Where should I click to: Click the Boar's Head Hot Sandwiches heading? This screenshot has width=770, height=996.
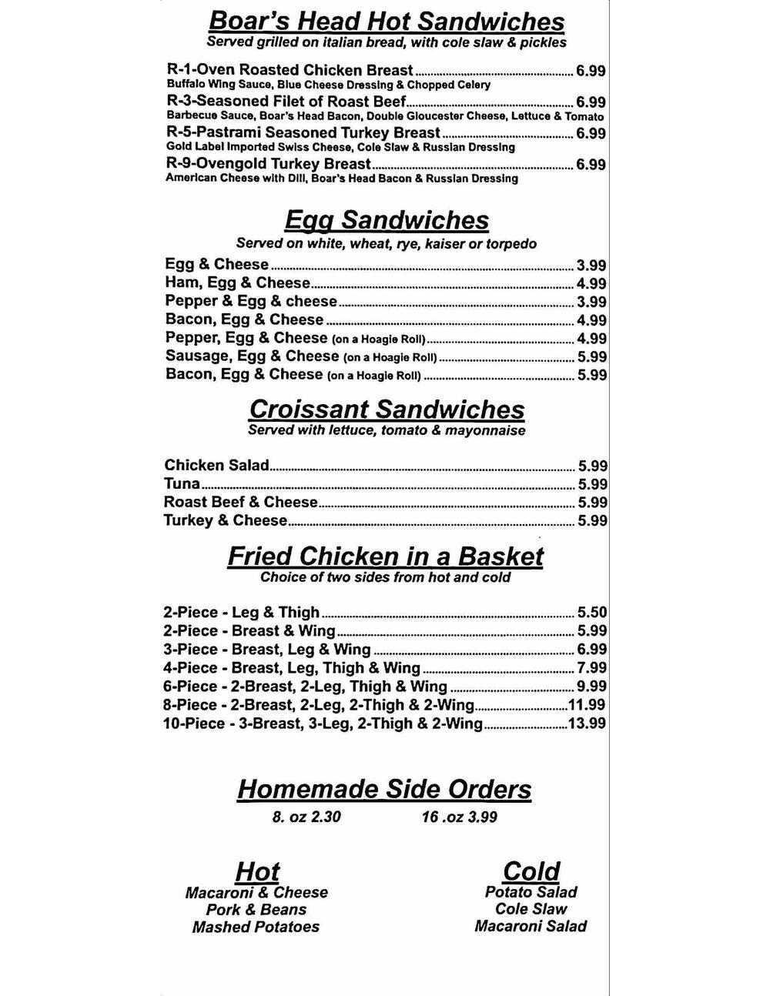pyautogui.click(x=387, y=21)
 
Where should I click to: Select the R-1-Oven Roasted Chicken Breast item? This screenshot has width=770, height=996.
pyautogui.click(x=290, y=70)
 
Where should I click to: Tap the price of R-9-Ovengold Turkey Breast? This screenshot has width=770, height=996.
pyautogui.click(x=591, y=165)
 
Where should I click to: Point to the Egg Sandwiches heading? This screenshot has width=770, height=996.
pyautogui.click(x=387, y=220)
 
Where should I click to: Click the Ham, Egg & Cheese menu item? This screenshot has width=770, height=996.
pyautogui.click(x=237, y=282)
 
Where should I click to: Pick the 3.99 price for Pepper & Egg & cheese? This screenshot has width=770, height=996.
pyautogui.click(x=591, y=302)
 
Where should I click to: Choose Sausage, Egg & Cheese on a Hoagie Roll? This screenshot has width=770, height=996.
pyautogui.click(x=301, y=356)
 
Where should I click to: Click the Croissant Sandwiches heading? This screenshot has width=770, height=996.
pyautogui.click(x=387, y=409)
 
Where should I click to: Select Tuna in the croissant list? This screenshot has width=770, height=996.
pyautogui.click(x=182, y=484)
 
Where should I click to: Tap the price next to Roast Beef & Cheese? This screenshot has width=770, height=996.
pyautogui.click(x=593, y=503)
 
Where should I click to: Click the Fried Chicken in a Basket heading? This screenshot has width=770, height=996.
pyautogui.click(x=385, y=556)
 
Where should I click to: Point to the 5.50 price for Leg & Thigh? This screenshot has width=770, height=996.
pyautogui.click(x=592, y=613)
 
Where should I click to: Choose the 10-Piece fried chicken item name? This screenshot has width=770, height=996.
pyautogui.click(x=323, y=724)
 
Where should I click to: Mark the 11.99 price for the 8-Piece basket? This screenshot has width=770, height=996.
pyautogui.click(x=587, y=705)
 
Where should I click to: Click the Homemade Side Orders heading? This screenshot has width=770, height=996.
pyautogui.click(x=384, y=789)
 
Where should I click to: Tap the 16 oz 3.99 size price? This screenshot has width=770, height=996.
pyautogui.click(x=459, y=817)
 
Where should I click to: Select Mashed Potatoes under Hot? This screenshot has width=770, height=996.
pyautogui.click(x=256, y=927)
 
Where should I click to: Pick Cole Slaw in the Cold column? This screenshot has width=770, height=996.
pyautogui.click(x=531, y=909)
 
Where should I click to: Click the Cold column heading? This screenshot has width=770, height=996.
pyautogui.click(x=531, y=871)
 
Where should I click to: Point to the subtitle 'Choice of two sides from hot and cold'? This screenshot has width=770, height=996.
pyautogui.click(x=385, y=577)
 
